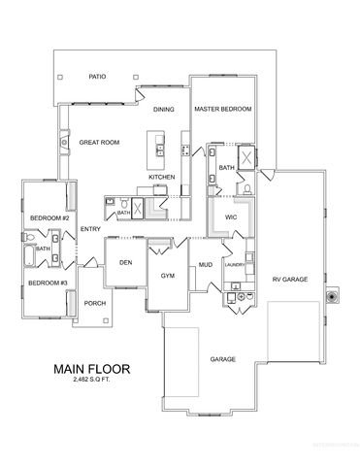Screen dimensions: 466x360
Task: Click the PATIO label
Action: (96, 76)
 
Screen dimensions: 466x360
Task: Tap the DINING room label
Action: (164, 110)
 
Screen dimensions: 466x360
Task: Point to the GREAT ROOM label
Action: (99, 143)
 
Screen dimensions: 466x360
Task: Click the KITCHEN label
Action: (161, 177)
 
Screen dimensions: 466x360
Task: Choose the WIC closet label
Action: (231, 216)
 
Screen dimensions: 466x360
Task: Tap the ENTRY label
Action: (91, 229)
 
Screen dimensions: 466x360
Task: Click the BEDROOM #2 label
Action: (47, 217)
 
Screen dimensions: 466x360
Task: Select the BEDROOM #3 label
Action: (47, 283)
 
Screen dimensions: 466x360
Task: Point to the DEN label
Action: (125, 262)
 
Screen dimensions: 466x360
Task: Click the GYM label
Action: (167, 276)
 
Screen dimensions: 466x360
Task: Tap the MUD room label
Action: (206, 264)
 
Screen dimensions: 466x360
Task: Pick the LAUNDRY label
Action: (234, 264)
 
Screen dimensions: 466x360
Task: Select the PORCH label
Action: (95, 303)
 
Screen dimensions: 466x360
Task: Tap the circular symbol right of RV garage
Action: (334, 294)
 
